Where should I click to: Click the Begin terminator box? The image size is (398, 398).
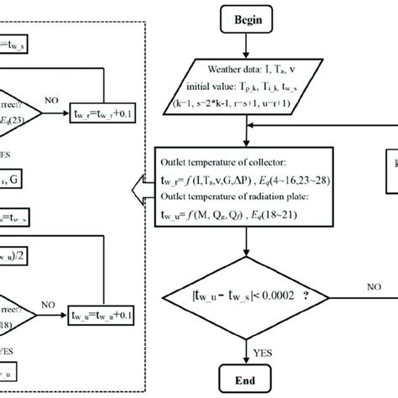[245, 16]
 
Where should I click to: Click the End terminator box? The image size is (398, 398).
[245, 380]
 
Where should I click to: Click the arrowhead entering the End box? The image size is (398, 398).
[245, 360]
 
